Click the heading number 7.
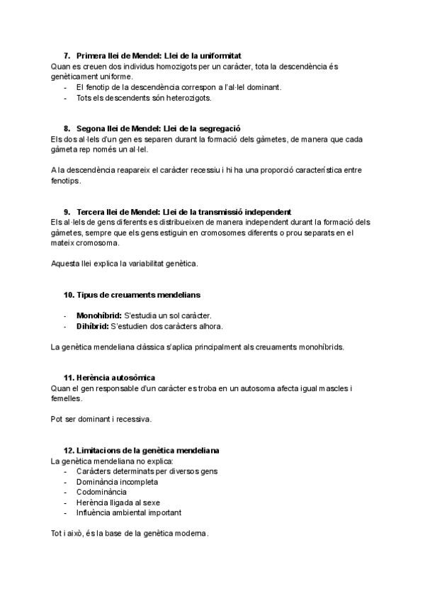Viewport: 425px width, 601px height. pyautogui.click(x=67, y=55)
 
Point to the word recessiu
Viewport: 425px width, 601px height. pyautogui.click(x=205, y=170)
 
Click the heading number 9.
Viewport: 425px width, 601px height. pyautogui.click(x=67, y=212)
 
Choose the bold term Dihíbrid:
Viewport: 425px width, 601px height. pyautogui.click(x=92, y=326)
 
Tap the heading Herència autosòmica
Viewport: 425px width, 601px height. pyautogui.click(x=115, y=378)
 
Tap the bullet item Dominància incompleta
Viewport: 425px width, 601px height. pyautogui.click(x=117, y=481)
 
